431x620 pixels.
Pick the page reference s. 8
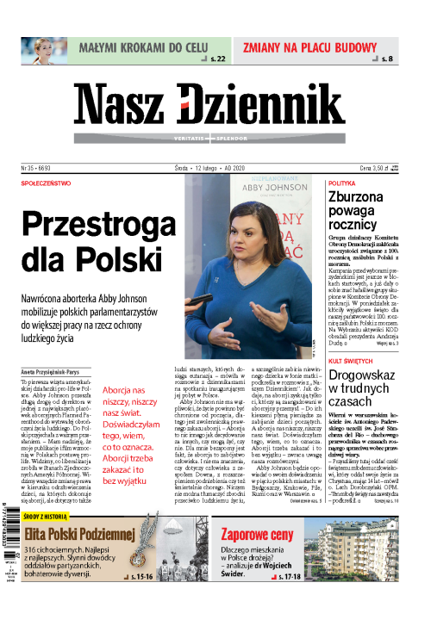tap(387, 59)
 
